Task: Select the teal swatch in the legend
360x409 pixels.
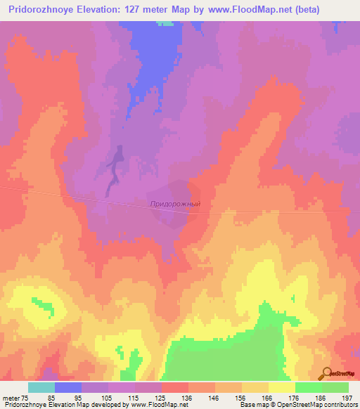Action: click(41, 387)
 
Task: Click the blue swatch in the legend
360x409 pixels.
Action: click(68, 387)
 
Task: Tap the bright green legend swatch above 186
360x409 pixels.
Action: click(309, 387)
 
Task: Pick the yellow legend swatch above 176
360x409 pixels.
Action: click(282, 387)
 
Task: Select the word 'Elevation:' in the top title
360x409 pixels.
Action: click(109, 10)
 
